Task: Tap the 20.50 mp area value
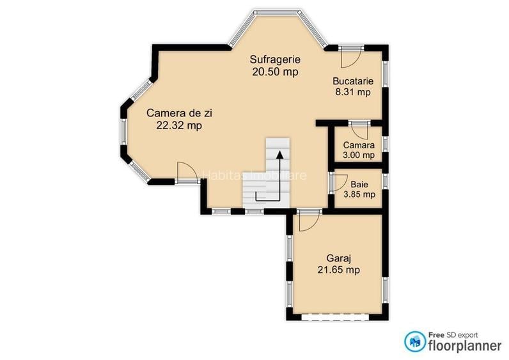[x=275, y=72]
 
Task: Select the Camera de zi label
[x=179, y=113]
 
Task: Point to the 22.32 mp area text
[x=179, y=125]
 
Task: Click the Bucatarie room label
[x=352, y=81]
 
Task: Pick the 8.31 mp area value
[x=352, y=92]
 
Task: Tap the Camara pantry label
[x=359, y=145]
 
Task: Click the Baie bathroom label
[x=359, y=184]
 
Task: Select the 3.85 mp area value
[x=359, y=194]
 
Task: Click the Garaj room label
[x=334, y=259]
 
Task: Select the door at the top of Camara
[x=359, y=130]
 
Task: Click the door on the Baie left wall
[x=334, y=182]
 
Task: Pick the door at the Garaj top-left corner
[x=308, y=221]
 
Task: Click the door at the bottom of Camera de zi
[x=186, y=173]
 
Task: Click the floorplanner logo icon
[x=415, y=341]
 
